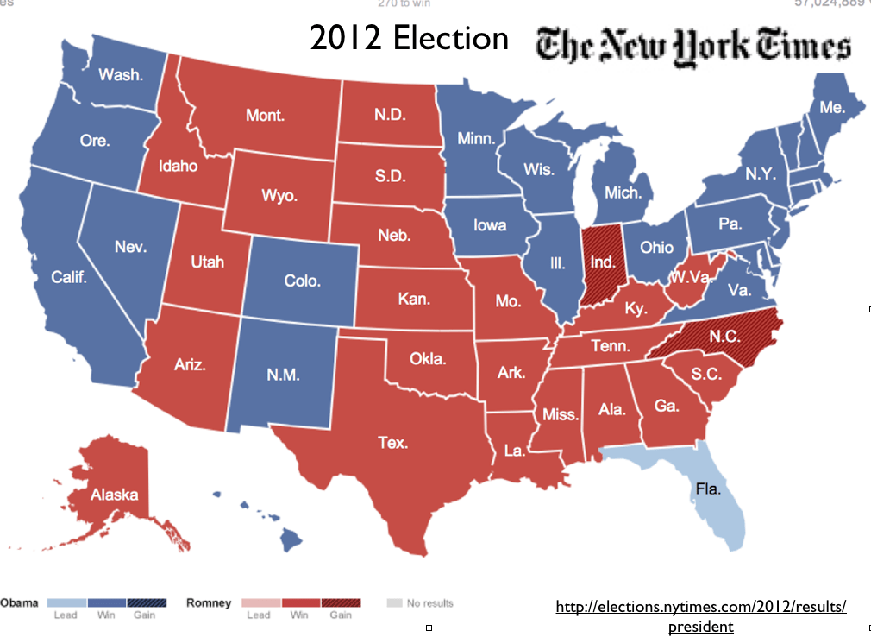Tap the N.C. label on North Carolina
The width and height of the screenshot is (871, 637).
726,336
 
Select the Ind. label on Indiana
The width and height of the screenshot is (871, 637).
601,261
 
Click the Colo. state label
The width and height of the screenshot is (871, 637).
302,281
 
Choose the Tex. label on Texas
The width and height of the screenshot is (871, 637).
392,443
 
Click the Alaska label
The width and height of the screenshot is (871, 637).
115,495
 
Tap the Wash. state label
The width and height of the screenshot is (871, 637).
121,74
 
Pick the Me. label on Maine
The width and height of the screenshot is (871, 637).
832,108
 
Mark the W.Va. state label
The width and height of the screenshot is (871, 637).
690,278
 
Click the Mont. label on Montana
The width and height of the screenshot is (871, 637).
265,115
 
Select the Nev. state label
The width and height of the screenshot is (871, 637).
130,247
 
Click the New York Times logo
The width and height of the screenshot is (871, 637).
693,47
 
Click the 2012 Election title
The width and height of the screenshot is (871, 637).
409,38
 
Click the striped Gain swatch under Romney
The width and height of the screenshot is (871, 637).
341,602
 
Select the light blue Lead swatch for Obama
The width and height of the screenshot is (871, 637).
65,602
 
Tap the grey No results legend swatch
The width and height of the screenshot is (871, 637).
394,602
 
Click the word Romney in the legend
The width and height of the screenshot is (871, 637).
209,602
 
